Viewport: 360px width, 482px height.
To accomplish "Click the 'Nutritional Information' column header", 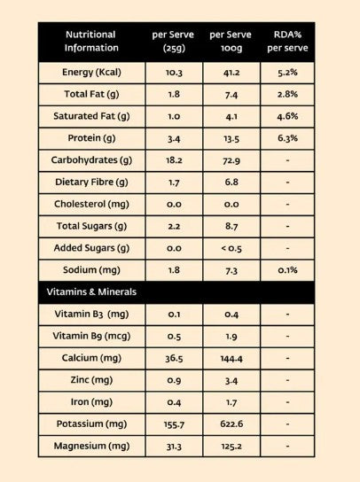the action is [x=91, y=41].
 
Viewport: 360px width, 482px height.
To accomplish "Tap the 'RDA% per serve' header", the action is [x=287, y=41].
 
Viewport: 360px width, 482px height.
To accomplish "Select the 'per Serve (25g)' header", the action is [x=173, y=41].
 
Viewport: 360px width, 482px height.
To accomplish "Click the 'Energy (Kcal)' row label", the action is [x=91, y=73].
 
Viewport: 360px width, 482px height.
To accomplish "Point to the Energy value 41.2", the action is [x=231, y=73].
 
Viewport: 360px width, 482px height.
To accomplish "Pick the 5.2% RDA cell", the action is [x=287, y=73].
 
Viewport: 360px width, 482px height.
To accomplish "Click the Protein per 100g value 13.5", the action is [x=231, y=138].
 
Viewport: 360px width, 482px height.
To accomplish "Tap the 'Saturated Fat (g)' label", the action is [x=91, y=116].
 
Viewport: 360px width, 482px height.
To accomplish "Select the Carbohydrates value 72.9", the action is [x=231, y=160].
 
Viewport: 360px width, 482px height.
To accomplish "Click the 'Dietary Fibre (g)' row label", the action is [x=91, y=183].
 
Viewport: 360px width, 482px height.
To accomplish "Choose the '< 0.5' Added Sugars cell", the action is [x=231, y=248].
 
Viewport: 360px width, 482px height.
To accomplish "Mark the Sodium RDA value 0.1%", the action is [x=287, y=270].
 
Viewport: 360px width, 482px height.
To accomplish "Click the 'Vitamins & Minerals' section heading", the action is [x=91, y=292].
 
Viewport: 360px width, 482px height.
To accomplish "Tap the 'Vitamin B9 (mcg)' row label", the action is [x=91, y=336].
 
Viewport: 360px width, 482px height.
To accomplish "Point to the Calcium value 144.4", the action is [x=231, y=359].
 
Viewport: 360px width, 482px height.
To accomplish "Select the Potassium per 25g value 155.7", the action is [x=174, y=424].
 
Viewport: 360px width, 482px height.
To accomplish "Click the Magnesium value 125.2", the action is [x=231, y=447].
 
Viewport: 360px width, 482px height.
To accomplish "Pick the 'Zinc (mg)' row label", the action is [x=91, y=380].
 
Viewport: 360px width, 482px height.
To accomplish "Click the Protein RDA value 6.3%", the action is [x=287, y=138].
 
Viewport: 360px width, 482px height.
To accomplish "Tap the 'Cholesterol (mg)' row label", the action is [x=91, y=205].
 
